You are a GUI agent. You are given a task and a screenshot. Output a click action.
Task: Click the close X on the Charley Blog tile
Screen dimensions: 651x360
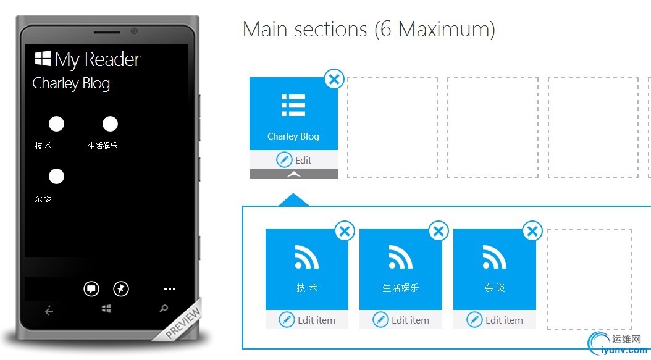click(x=334, y=79)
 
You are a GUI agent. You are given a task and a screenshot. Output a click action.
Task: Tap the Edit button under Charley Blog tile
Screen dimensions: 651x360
click(x=293, y=160)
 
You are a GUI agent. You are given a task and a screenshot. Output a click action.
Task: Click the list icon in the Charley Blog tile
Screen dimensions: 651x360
click(x=293, y=105)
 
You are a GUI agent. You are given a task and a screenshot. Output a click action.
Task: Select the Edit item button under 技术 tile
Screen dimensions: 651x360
click(x=307, y=320)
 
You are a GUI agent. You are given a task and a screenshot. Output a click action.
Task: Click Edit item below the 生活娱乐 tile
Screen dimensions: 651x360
click(x=401, y=320)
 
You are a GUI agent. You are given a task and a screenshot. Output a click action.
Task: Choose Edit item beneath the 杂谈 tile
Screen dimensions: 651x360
click(x=495, y=320)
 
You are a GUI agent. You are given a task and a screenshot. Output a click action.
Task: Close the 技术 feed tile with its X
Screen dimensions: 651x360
click(x=345, y=232)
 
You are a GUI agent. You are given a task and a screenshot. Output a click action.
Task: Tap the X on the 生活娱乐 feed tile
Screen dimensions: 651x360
click(x=439, y=232)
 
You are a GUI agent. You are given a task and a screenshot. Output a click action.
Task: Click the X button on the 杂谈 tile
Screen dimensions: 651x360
click(x=532, y=232)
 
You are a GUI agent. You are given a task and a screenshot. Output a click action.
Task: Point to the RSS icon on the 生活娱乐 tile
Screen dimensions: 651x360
click(x=401, y=257)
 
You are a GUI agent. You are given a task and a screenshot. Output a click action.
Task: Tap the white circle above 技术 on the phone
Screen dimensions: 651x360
click(x=56, y=123)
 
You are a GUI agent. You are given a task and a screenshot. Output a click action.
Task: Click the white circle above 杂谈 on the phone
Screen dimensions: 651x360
click(x=56, y=176)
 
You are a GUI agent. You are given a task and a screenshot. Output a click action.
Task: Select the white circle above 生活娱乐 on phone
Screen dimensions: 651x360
click(x=110, y=123)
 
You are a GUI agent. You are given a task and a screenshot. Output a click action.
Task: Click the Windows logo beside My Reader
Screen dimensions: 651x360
click(x=43, y=59)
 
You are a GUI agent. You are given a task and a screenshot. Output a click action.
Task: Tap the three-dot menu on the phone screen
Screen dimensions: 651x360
click(x=170, y=289)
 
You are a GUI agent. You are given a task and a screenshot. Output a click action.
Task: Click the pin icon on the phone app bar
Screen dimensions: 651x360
click(x=121, y=289)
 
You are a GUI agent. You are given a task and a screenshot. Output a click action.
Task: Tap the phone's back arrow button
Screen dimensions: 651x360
click(x=49, y=310)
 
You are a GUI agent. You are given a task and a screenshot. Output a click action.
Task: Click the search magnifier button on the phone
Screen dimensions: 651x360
click(x=164, y=309)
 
